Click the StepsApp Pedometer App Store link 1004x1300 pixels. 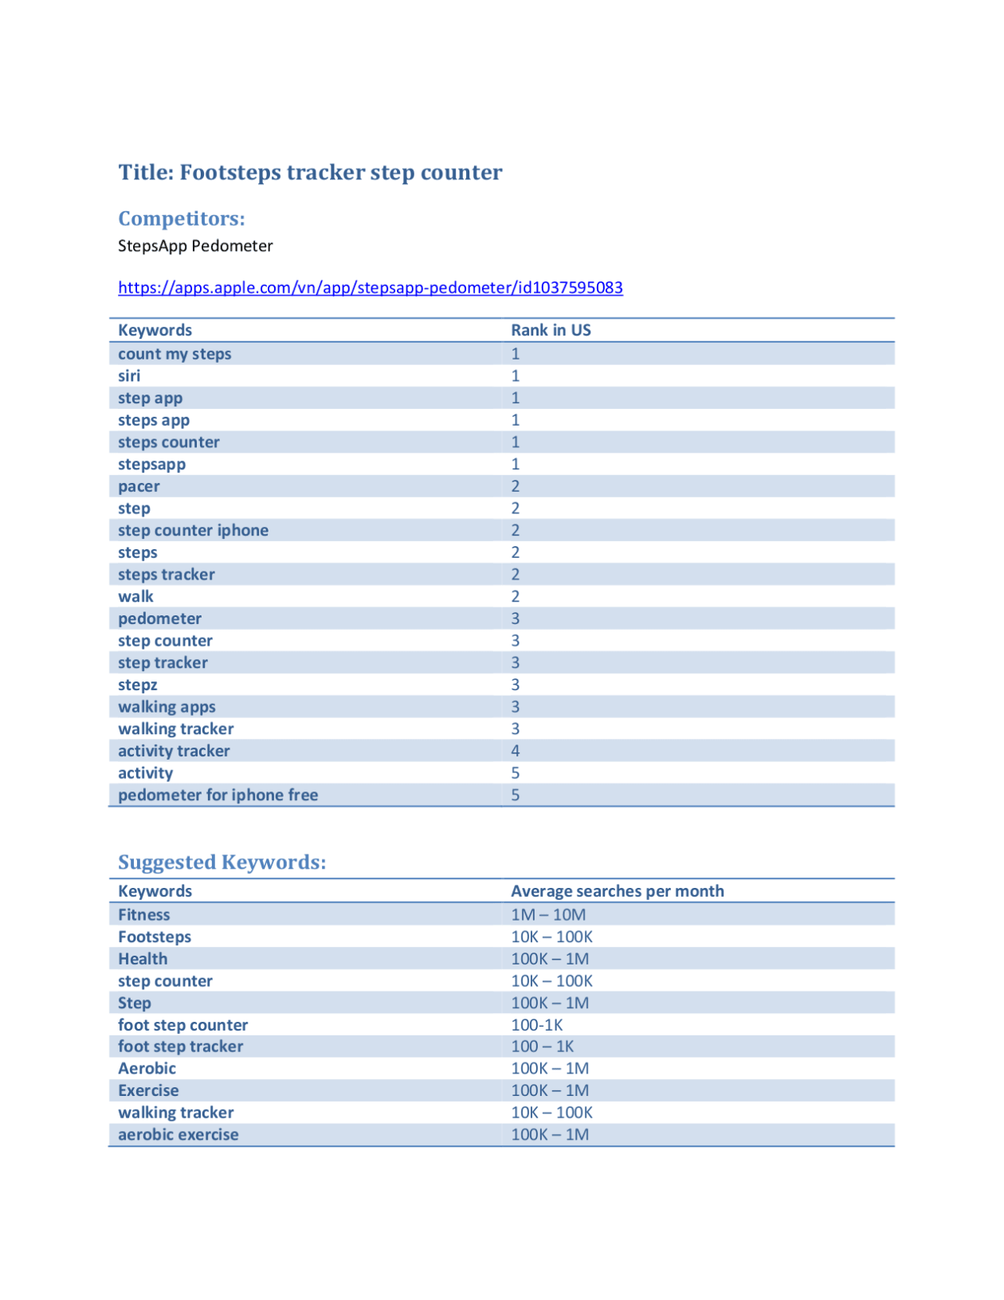point(370,288)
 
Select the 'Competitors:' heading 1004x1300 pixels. point(181,218)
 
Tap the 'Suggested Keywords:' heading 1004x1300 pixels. point(222,862)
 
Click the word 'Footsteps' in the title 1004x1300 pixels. point(229,172)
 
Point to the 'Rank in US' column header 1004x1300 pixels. point(551,330)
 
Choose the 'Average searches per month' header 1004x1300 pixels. point(617,891)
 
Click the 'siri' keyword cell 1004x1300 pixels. point(129,376)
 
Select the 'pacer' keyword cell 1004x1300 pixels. point(139,486)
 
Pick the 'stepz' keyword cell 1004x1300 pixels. point(137,685)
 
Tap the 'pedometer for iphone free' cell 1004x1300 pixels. point(218,795)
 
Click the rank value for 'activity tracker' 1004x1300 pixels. point(516,751)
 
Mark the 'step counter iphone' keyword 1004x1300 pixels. point(193,531)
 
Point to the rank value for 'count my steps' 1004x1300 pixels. point(516,354)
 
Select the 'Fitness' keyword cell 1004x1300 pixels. point(143,915)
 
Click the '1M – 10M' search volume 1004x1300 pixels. point(548,915)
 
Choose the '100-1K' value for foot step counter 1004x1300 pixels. point(536,1025)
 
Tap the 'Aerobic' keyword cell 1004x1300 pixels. point(147,1069)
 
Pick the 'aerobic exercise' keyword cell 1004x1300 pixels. point(178,1135)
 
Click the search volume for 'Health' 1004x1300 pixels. point(550,959)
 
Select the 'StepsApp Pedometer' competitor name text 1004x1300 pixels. point(195,245)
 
